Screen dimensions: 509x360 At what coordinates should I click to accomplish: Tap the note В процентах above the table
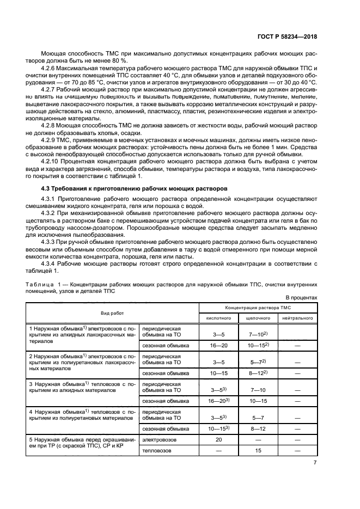click(301, 298)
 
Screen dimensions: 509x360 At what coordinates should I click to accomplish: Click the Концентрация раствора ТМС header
click(258, 307)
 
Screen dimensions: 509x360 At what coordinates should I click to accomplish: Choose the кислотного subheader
click(218, 317)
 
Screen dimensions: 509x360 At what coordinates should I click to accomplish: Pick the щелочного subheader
click(258, 317)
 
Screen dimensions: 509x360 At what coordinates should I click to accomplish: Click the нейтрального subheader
click(297, 317)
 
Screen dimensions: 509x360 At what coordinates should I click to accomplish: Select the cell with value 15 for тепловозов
click(258, 451)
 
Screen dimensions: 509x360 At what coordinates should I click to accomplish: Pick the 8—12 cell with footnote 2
click(258, 373)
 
